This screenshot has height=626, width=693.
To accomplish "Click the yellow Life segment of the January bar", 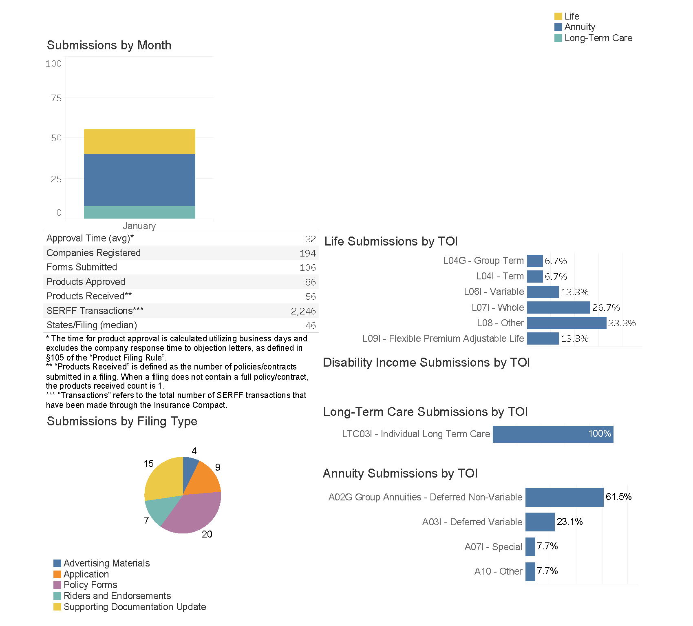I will pos(139,142).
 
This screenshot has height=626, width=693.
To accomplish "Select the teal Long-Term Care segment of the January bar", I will pos(139,212).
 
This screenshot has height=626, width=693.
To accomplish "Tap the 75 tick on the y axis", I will pos(56,98).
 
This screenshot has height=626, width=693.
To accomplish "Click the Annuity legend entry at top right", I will pos(579,27).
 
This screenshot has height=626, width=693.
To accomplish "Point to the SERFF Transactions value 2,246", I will pos(303,311).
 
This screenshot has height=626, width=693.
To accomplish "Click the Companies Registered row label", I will pos(93,253).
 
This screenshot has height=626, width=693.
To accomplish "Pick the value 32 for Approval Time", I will pos(311,239).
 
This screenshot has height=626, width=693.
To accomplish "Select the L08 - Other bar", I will pos(566,323).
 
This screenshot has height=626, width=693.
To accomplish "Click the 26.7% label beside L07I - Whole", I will pos(606,307).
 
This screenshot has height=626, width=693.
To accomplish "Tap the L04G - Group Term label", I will pos(483,261).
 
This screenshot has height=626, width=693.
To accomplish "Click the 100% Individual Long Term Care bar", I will pos(553,434).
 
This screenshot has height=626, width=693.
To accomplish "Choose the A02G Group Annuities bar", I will pos(564,497).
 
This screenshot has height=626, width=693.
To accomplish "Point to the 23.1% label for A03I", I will pos(569,522).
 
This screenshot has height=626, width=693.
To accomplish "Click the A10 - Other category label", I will pos(498,571).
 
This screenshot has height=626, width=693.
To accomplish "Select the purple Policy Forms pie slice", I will pos(192,514).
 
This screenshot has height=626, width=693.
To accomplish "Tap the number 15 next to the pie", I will pos(148,464).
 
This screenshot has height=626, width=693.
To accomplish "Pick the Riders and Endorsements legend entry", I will pos(117,596).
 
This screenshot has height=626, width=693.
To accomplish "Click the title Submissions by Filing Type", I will pos(122,421).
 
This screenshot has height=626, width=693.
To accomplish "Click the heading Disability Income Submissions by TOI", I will pos(426,363).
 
